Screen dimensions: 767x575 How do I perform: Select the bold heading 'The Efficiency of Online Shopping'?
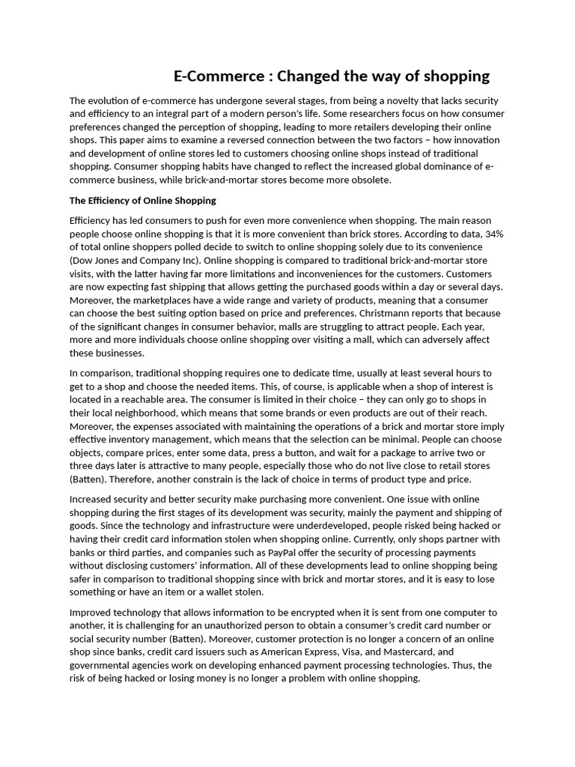(142, 201)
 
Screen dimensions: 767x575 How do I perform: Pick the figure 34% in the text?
(493, 234)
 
